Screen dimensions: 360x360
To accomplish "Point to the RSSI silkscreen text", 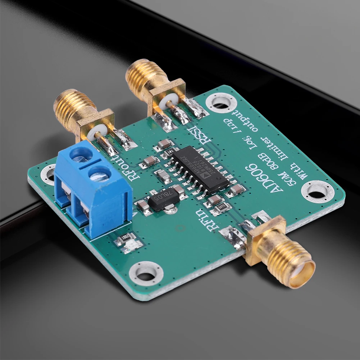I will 195,136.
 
